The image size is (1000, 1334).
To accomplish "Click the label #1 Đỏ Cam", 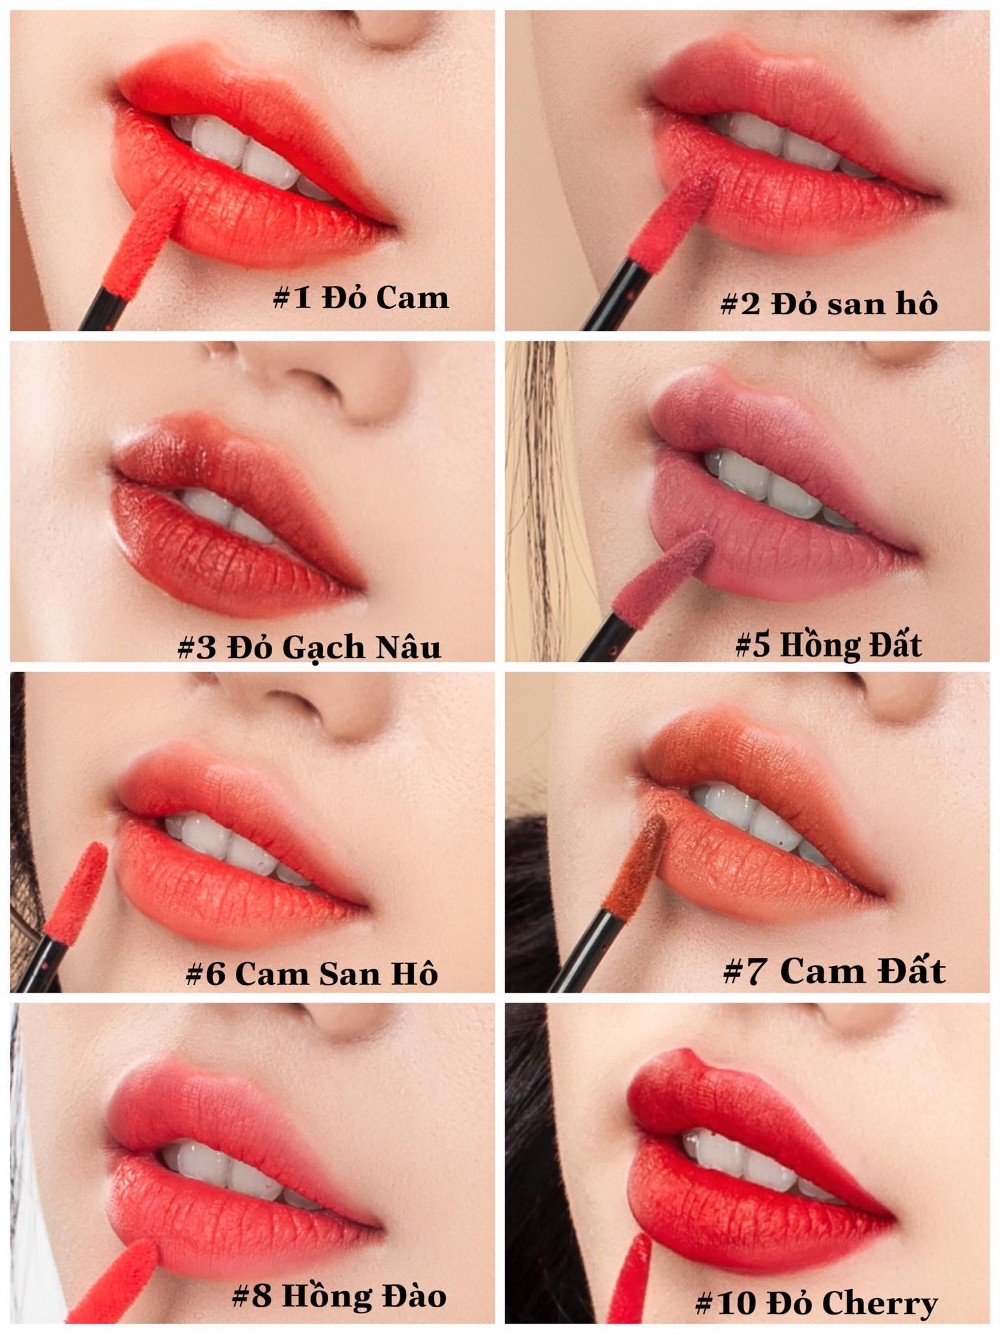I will point(361,298).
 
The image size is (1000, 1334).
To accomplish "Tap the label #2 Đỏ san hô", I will point(829,304).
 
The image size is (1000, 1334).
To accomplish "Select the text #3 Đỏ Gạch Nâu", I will point(309,647).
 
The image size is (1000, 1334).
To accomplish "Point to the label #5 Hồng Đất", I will point(828,645).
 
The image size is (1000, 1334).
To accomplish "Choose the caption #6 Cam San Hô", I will point(311,974).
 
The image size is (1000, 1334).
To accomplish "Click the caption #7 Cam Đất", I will point(834,971).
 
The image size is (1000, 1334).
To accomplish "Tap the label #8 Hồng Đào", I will point(339,1296).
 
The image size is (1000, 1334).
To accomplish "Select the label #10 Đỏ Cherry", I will point(816,1303).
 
